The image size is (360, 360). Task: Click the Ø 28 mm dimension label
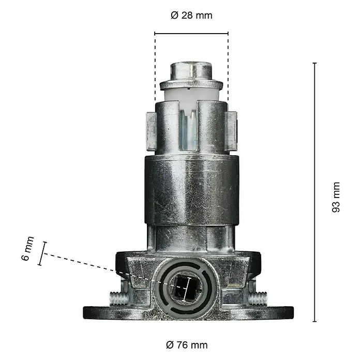point(191,16)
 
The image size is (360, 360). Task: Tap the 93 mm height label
point(336,197)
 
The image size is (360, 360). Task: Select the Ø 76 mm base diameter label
point(187,345)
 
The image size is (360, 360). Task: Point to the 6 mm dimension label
point(28,248)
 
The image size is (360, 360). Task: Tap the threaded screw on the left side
point(119,298)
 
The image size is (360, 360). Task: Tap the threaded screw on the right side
point(258,298)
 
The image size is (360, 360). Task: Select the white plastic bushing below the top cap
point(191,96)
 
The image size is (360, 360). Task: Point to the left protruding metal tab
point(151,131)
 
